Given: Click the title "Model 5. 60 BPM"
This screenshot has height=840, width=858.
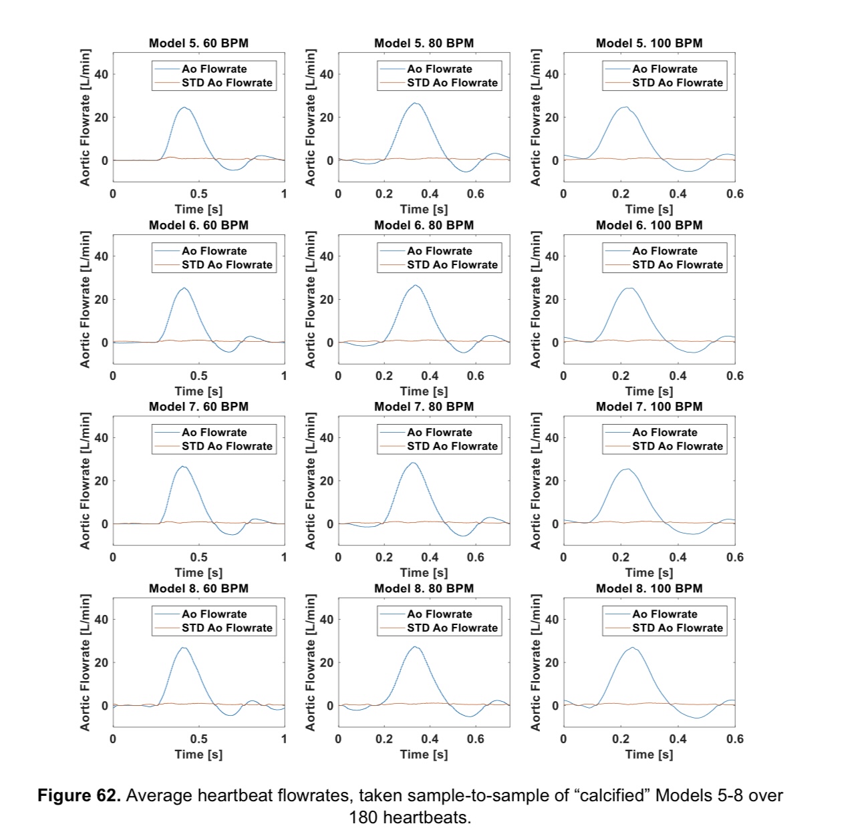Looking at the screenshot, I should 198,43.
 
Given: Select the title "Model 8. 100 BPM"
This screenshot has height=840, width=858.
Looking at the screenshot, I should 649,588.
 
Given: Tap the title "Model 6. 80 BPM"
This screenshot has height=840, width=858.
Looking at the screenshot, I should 424,225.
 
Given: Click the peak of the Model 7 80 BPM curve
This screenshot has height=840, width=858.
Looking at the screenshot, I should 412,463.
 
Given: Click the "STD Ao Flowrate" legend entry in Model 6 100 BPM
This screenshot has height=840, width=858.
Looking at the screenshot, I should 678,264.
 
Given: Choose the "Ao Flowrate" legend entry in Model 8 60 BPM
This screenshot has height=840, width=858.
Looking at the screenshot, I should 214,614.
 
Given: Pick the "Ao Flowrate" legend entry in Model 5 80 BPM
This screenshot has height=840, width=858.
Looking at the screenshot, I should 439,69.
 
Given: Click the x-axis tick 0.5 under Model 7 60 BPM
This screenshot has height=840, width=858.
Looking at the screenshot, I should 198,557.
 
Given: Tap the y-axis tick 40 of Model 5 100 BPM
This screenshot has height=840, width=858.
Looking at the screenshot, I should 551,74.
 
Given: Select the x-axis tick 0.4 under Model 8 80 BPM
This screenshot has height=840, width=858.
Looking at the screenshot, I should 430,739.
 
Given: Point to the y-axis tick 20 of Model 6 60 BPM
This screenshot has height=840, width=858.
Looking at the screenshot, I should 101,299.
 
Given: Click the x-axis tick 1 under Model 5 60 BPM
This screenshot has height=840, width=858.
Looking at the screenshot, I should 284,194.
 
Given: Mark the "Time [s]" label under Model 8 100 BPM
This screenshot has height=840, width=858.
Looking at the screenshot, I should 649,754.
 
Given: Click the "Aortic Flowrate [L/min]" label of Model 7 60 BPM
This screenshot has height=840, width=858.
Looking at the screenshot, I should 86,481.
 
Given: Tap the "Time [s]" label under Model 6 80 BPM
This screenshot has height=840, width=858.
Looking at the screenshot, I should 424,391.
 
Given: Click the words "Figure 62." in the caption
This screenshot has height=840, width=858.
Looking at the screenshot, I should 80,796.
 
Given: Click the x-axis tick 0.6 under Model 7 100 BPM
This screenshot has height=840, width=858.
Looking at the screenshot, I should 734,557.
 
